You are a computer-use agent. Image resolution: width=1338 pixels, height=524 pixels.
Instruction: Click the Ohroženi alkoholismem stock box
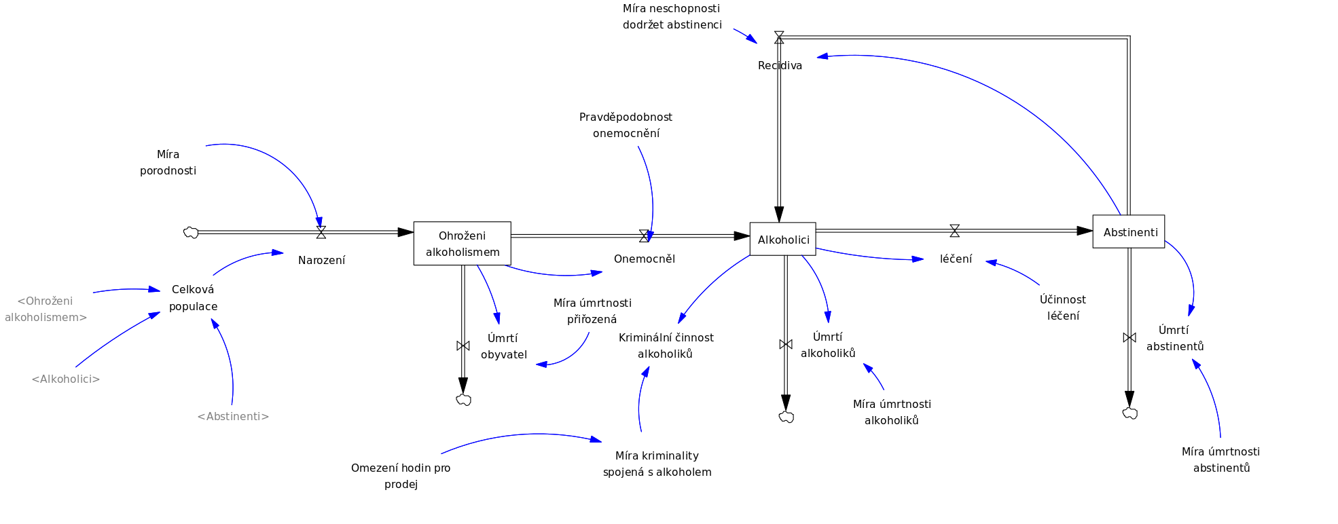coord(462,243)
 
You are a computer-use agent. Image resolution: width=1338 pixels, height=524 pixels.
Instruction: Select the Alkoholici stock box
coord(782,239)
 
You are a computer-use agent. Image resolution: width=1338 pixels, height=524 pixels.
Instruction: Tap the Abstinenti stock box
coord(1128,231)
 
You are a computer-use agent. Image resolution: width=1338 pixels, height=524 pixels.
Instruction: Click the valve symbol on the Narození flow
coord(321,232)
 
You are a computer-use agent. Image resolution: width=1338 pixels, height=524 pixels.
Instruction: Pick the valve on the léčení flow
coord(954,231)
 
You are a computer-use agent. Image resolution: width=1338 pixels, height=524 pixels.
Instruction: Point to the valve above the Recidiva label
coord(779,37)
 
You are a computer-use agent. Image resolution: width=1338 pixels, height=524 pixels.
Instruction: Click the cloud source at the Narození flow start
coord(191,233)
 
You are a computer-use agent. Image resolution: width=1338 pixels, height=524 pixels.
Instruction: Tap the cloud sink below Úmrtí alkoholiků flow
coord(786,417)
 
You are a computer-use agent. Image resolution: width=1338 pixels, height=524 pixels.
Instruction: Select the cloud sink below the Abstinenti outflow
coord(1129,413)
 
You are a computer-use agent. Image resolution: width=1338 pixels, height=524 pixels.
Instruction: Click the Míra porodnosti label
coord(168,162)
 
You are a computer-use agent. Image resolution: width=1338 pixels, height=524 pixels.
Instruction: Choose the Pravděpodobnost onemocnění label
coord(626,125)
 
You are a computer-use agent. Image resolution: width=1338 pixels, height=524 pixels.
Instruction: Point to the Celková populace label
coord(193,297)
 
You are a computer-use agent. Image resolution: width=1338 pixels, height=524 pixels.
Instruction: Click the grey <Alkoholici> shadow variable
coord(66,379)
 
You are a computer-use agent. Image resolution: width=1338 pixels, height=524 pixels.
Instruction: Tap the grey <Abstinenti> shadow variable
coord(233,416)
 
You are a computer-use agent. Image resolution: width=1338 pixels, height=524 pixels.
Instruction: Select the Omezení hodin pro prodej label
coord(401,476)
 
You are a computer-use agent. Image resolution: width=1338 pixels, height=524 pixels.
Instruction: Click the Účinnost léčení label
coord(1062,307)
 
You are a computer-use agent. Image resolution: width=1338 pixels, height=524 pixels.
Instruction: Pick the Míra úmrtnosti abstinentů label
coord(1221,460)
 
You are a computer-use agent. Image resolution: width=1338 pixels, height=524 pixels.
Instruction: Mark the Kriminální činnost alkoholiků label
coord(666,345)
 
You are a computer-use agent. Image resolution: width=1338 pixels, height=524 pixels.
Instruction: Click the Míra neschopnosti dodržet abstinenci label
coord(672,16)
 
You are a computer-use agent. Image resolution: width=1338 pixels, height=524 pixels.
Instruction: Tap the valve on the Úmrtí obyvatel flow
coord(463,345)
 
